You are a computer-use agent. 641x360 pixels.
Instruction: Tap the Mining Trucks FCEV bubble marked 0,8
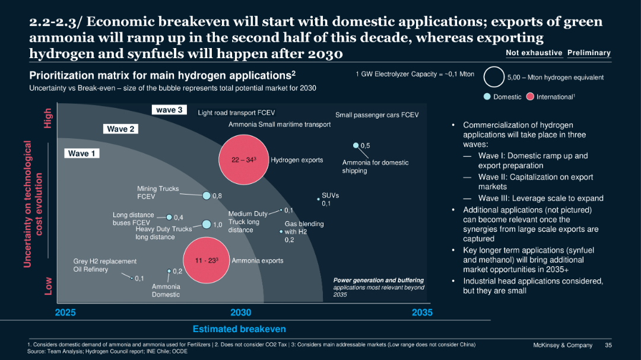click(x=206, y=196)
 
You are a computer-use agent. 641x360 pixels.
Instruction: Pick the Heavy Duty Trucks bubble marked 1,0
click(x=206, y=224)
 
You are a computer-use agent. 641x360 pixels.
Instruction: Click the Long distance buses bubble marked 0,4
click(x=169, y=217)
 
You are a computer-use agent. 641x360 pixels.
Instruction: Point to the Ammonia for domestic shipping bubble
click(x=356, y=145)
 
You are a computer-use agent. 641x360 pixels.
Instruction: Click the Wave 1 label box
click(x=82, y=154)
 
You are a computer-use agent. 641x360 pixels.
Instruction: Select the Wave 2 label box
click(x=120, y=129)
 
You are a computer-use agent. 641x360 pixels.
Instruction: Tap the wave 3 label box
click(x=170, y=110)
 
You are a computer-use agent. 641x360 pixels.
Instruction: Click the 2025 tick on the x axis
click(x=65, y=313)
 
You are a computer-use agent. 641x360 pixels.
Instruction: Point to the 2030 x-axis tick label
click(x=240, y=313)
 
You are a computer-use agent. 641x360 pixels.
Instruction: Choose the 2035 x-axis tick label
click(x=422, y=313)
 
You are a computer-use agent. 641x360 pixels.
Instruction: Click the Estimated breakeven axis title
click(x=239, y=329)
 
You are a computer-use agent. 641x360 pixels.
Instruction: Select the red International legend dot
click(x=530, y=97)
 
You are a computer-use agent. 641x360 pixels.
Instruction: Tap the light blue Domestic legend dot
click(x=487, y=97)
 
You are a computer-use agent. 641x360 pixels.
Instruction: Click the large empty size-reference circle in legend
click(x=494, y=77)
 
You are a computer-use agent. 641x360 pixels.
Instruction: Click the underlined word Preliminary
click(x=589, y=53)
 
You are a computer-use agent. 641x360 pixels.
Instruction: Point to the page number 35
click(x=608, y=345)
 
